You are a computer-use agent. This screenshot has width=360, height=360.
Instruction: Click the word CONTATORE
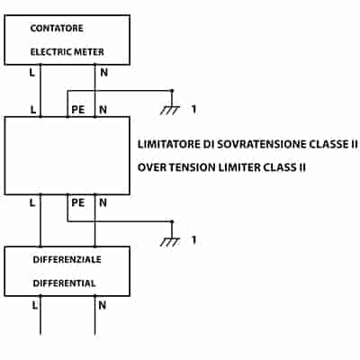pos(57,28)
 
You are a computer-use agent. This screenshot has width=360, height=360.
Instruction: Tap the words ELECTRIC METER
pos(67,52)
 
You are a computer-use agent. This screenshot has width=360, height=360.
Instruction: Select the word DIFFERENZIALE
pos(67,259)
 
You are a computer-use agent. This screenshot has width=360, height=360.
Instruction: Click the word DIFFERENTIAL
pos(64,283)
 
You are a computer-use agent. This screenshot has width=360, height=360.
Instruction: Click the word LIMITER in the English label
pos(238,167)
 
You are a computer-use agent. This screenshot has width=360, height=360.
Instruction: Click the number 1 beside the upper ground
pos(194,109)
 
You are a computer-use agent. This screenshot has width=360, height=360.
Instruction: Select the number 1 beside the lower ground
pos(194,240)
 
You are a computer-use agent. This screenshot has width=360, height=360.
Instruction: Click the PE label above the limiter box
pos(78,110)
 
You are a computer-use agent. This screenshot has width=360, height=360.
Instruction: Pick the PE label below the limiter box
pos(78,203)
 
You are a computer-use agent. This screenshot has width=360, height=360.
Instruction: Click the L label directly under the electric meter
pos(32,72)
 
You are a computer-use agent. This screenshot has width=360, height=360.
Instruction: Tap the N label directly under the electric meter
pos(103,72)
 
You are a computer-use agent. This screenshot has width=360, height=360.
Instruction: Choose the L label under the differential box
pos(35,305)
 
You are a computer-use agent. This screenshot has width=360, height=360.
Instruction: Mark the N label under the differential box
pos(103,305)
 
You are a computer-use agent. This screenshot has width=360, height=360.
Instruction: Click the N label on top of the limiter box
pos(103,110)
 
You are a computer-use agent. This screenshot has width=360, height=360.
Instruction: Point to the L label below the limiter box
pos(32,203)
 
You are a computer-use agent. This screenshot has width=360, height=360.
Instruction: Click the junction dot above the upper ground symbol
pos(172,90)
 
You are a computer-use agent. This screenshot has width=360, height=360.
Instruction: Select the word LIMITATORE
pos(169,144)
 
